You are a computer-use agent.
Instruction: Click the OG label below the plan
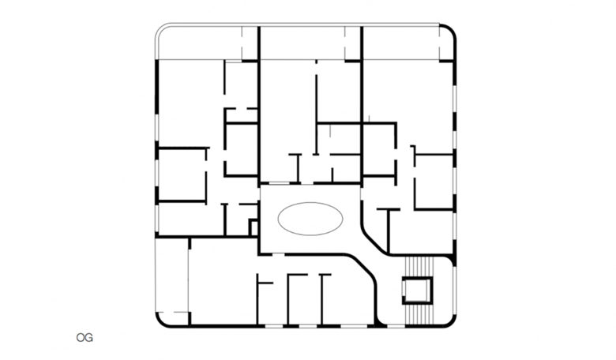85,338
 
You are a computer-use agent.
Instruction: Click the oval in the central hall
310,219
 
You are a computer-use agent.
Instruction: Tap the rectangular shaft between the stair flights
417,290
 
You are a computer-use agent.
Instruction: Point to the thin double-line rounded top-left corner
160,30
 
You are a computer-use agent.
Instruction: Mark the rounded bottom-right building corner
450,321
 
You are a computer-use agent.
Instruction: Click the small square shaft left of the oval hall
254,227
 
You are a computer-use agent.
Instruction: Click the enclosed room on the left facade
182,174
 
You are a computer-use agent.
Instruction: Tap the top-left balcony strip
206,43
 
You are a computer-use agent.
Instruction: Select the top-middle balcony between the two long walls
310,43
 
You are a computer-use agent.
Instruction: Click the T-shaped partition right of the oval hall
388,231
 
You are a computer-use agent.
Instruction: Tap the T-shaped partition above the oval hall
298,168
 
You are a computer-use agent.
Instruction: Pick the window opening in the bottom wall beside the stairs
396,326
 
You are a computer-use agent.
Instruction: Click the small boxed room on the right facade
434,182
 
